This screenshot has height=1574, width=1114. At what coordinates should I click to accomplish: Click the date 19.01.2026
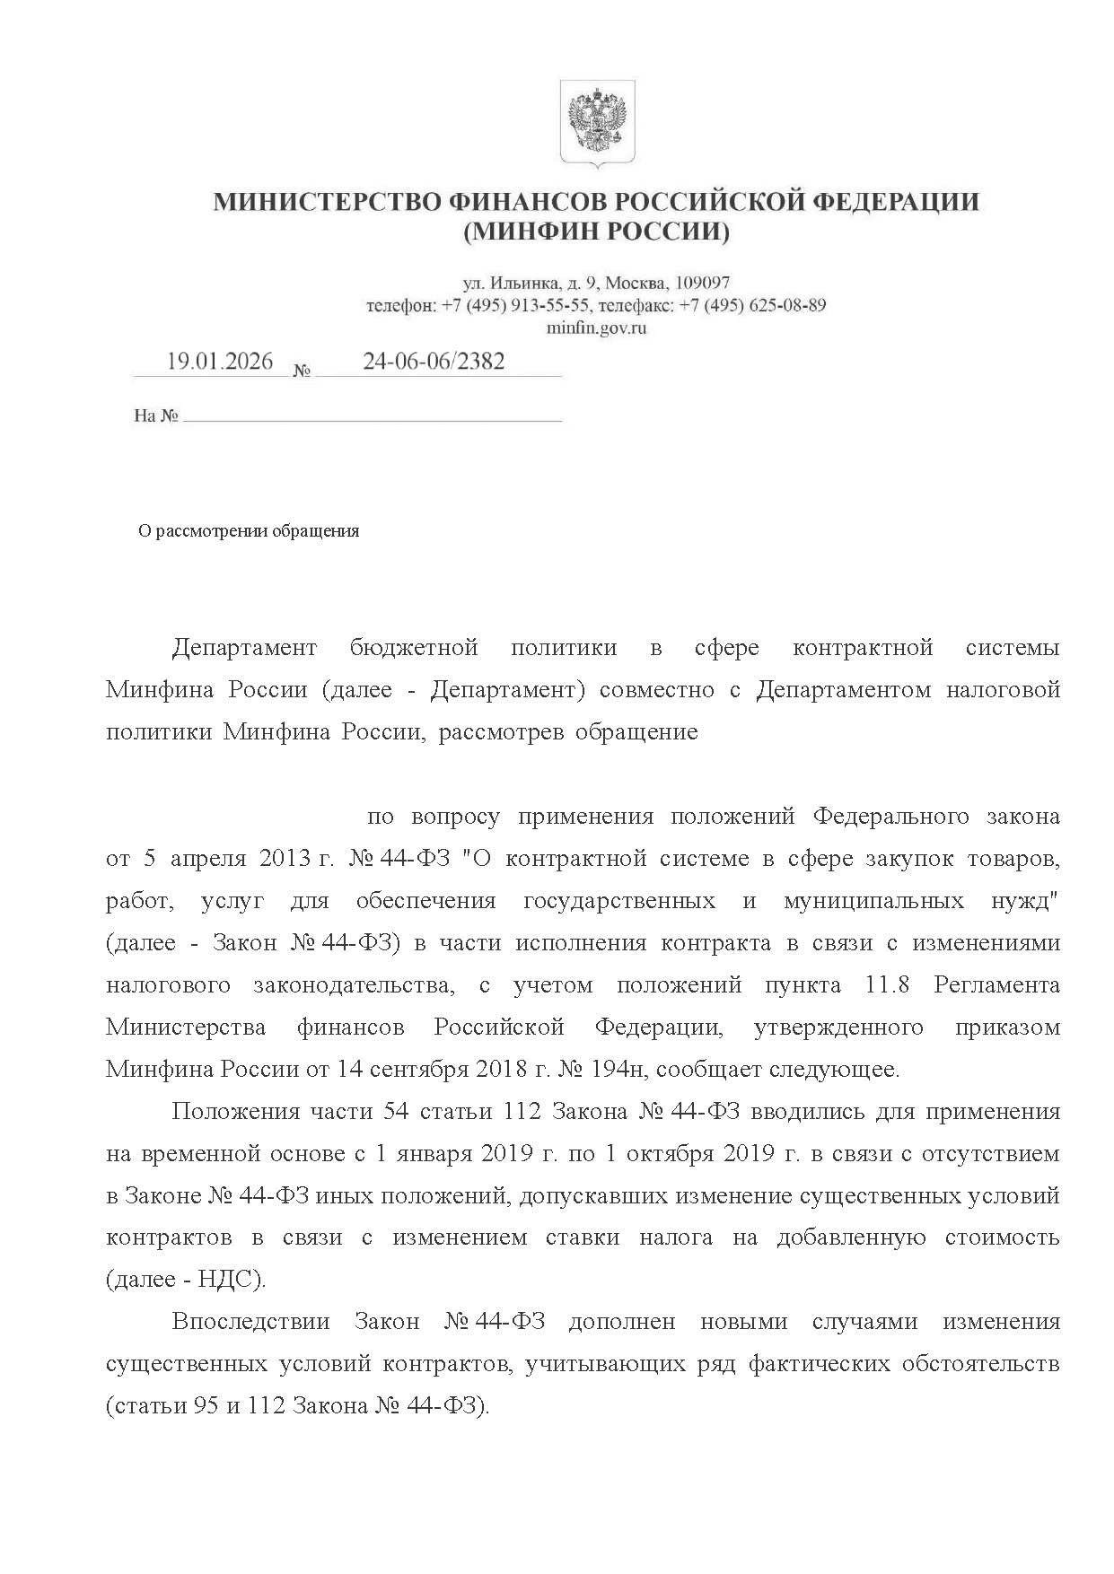220,362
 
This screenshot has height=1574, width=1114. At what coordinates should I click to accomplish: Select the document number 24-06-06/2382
434,362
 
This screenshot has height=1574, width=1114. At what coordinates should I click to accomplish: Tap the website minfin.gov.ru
596,328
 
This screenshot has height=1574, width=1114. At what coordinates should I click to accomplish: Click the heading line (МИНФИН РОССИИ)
596,232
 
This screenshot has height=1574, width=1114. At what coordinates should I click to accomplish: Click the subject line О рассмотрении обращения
249,531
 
